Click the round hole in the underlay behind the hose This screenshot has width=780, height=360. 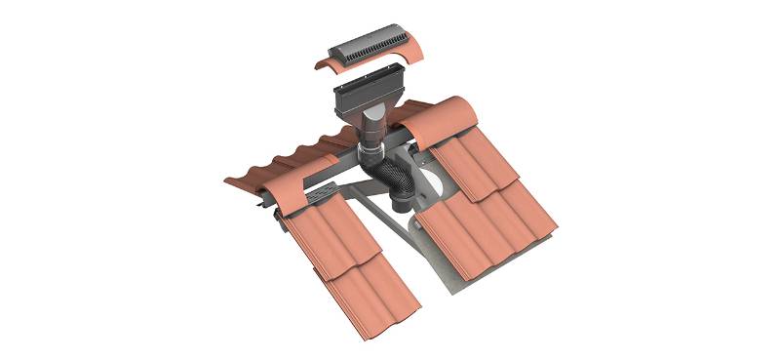[434, 194]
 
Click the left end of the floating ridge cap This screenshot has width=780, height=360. [322, 63]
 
